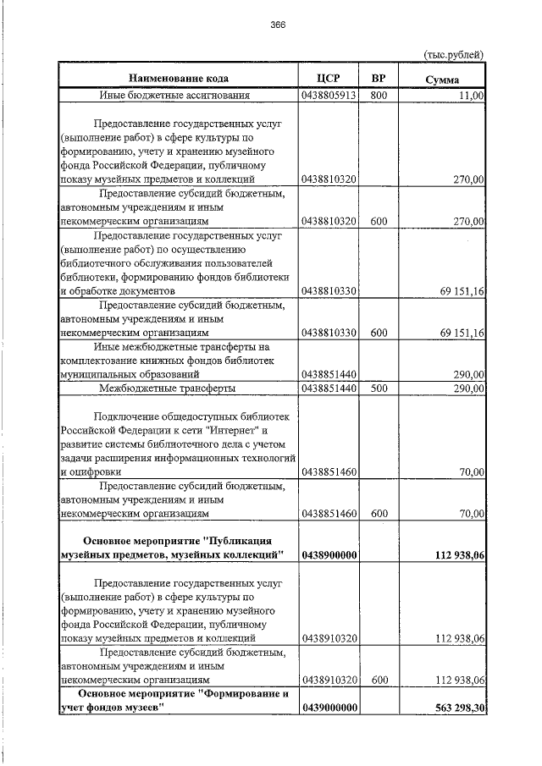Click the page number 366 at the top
click(x=278, y=25)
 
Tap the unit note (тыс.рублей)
click(x=453, y=55)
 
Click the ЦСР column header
click(x=328, y=79)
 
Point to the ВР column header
click(x=379, y=79)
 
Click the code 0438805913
click(x=328, y=96)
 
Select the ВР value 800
click(x=379, y=96)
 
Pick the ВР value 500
click(x=379, y=388)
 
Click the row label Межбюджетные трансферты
click(x=167, y=388)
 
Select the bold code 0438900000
click(x=328, y=554)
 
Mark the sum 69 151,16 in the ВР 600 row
click(x=462, y=333)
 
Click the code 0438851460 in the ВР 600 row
click(x=328, y=513)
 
